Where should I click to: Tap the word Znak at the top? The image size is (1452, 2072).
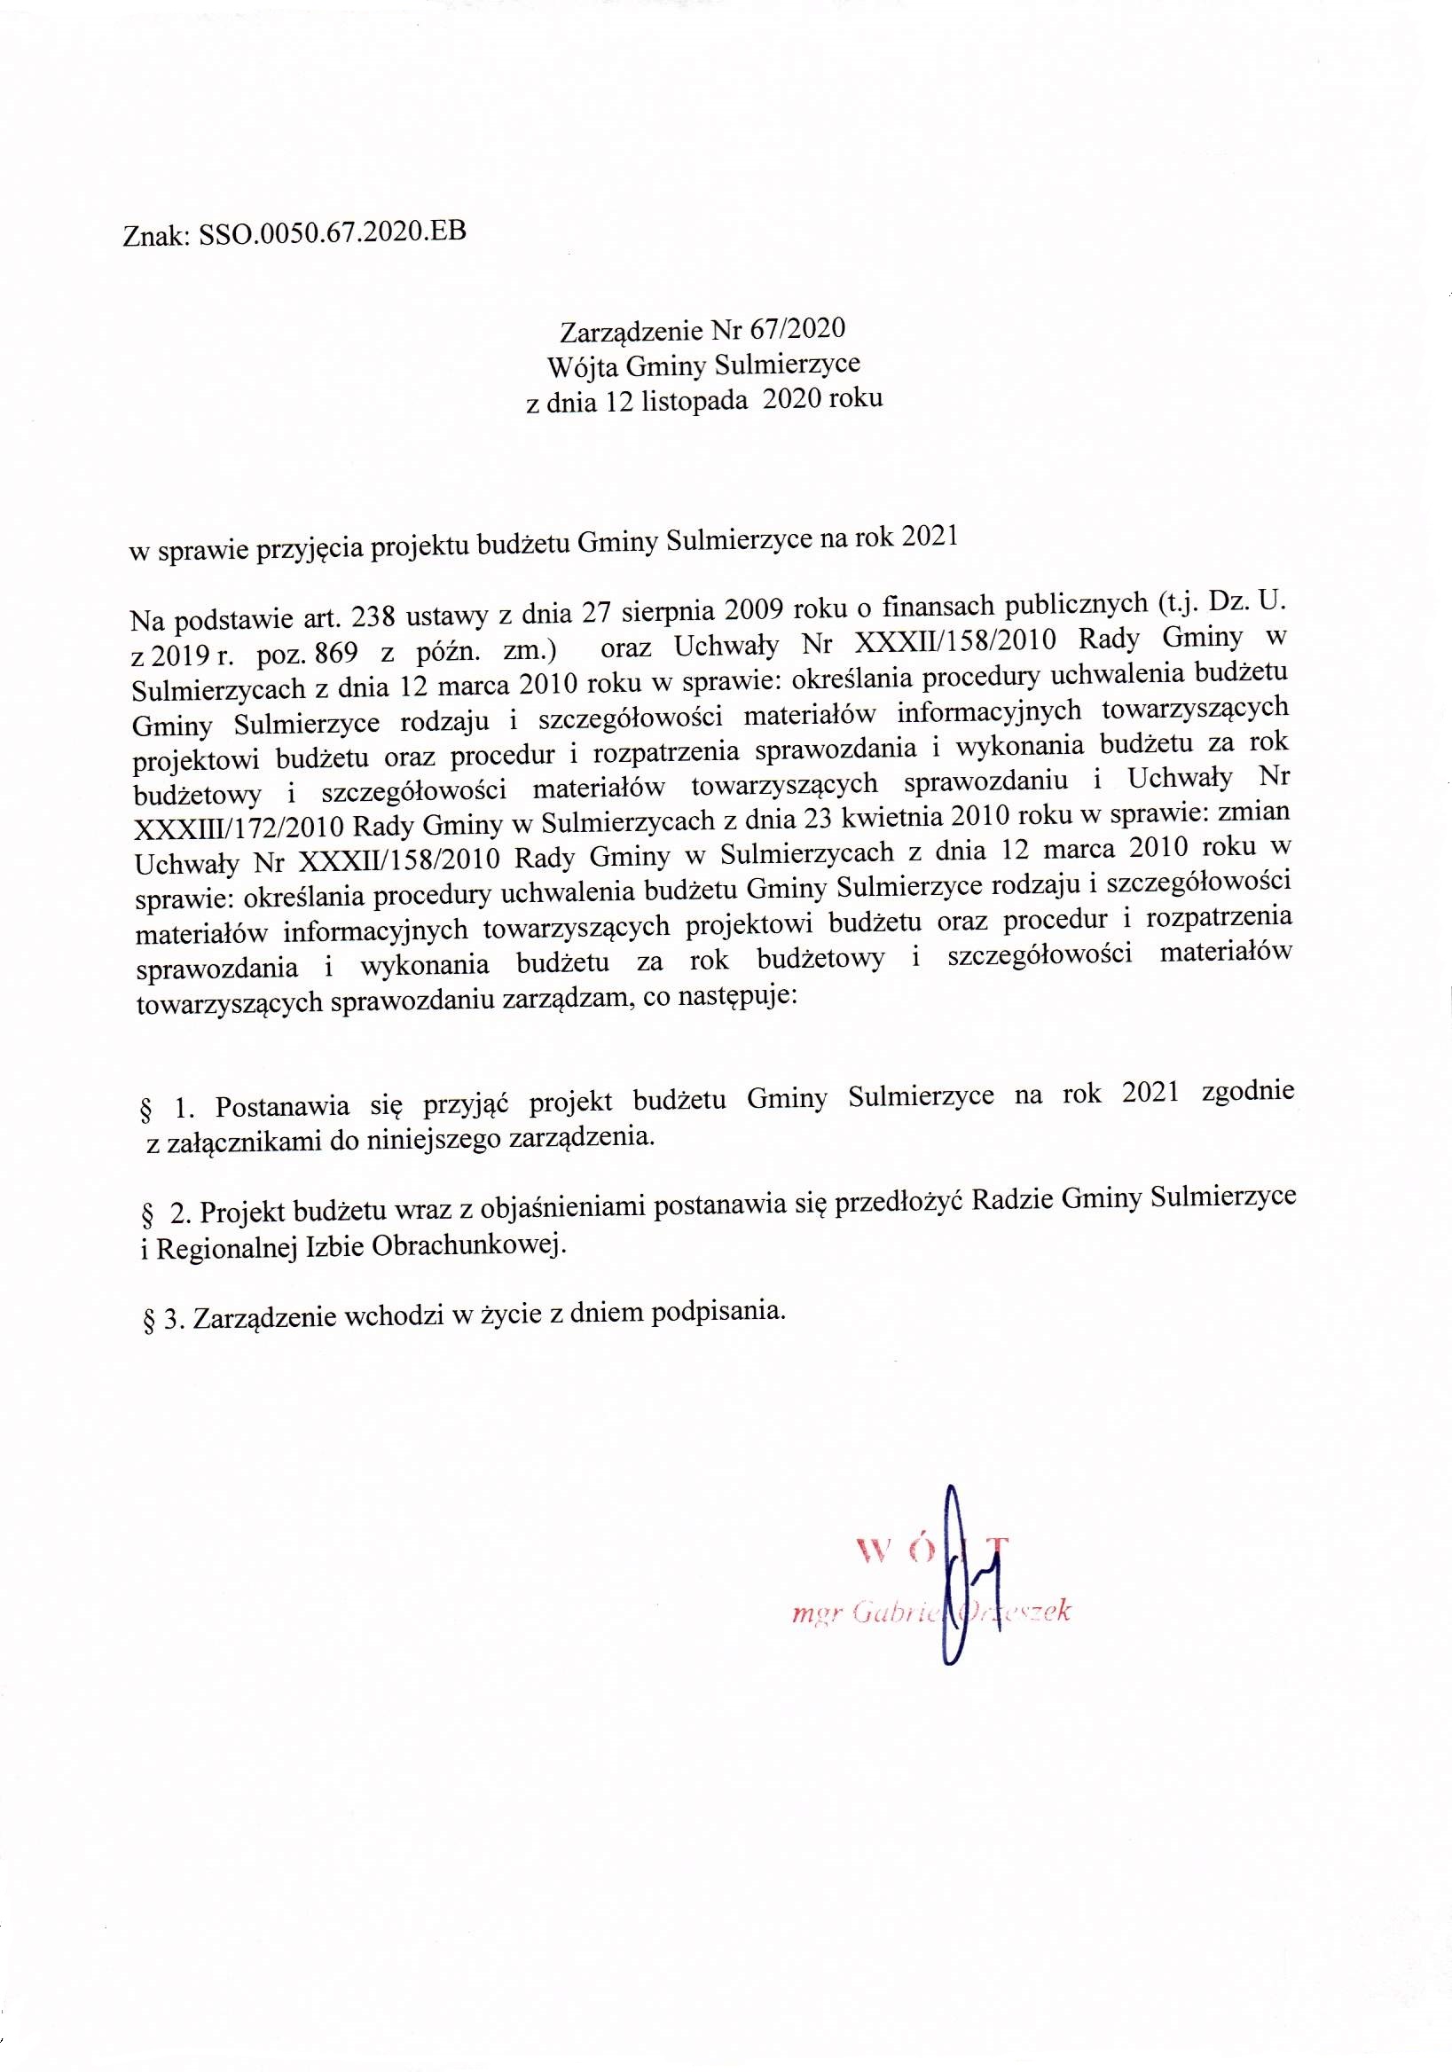(x=153, y=238)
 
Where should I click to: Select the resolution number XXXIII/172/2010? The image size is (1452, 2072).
(x=239, y=825)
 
